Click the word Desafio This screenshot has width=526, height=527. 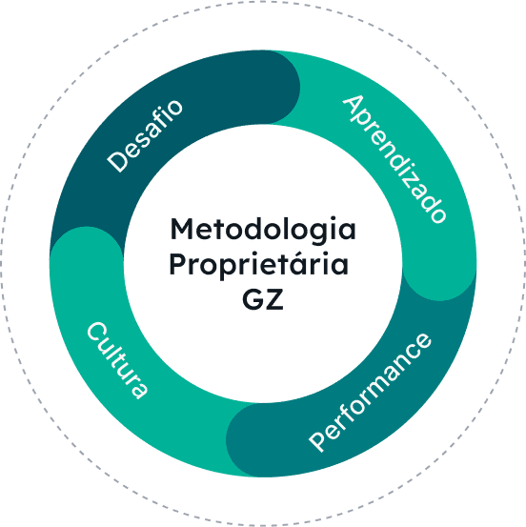tap(145, 136)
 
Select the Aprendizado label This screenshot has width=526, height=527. tap(394, 159)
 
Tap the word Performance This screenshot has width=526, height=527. tap(370, 393)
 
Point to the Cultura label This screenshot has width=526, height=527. tap(117, 360)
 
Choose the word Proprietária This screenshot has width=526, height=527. tap(259, 264)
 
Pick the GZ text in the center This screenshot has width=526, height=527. tap(263, 299)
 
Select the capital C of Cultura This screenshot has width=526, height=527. tap(97, 333)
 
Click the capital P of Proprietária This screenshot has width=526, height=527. tap(178, 264)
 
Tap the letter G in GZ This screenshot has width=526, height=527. tap(253, 299)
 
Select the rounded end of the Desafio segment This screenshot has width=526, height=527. tap(298, 88)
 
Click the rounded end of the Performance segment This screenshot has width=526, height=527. tap(229, 440)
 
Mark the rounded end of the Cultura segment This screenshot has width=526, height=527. tap(87, 229)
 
